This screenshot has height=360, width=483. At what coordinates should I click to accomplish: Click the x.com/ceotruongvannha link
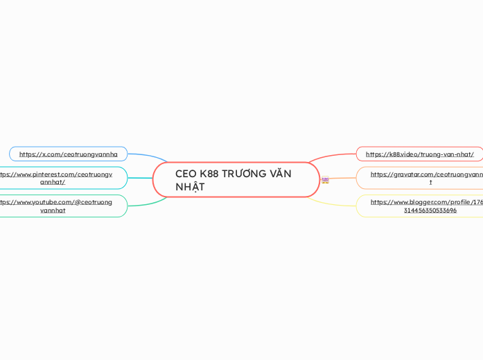point(68,154)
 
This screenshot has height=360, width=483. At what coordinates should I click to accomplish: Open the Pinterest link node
point(62,178)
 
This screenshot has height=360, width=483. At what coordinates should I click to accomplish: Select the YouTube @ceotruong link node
point(62,206)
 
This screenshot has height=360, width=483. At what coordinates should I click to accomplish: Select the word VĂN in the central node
point(282,174)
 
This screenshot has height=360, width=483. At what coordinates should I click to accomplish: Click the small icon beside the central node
point(325,180)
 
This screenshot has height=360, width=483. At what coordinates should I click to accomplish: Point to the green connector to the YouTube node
point(147,204)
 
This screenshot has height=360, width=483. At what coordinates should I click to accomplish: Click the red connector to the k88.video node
point(333,156)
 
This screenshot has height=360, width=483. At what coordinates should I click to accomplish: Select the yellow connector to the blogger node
point(333,203)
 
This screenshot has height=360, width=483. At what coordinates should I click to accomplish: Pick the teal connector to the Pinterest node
point(139,178)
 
